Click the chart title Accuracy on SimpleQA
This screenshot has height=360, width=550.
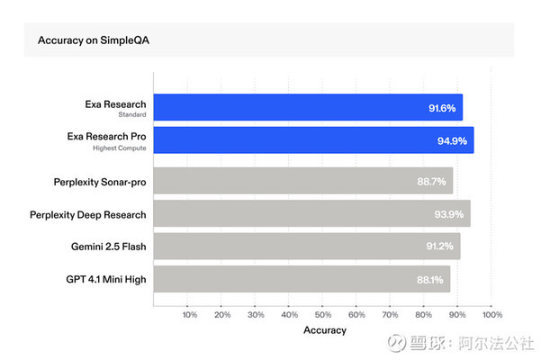(x=88, y=40)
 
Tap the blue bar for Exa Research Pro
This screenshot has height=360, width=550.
(x=313, y=139)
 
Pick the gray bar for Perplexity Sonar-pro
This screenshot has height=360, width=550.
(x=303, y=181)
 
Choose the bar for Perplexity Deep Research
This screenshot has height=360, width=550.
(x=311, y=213)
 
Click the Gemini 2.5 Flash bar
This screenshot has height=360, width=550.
(x=307, y=246)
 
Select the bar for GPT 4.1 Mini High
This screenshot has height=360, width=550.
(x=302, y=278)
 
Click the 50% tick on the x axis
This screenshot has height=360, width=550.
(x=323, y=315)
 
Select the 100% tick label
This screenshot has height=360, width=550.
(x=491, y=315)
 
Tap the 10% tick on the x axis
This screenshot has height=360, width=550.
(x=189, y=315)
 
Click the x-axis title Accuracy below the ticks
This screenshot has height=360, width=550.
(x=324, y=331)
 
